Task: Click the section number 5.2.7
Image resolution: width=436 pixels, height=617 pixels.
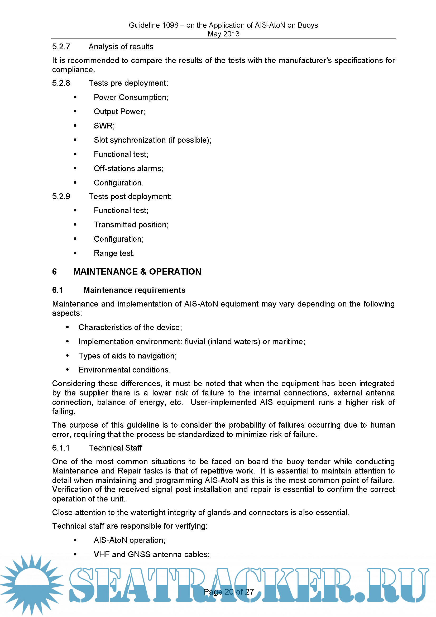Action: (61, 47)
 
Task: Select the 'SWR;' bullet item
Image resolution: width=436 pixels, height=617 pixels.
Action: (104, 126)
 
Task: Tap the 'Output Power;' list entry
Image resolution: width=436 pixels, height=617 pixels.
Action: (119, 112)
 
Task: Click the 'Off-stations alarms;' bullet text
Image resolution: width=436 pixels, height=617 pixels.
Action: (128, 169)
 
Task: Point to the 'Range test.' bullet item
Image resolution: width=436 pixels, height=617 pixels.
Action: (114, 253)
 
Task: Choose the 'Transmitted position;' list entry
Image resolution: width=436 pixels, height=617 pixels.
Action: (131, 225)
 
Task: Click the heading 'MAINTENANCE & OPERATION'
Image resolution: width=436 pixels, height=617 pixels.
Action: (137, 272)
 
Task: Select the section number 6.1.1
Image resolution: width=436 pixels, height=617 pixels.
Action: (61, 448)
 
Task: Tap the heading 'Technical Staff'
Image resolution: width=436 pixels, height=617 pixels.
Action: (115, 448)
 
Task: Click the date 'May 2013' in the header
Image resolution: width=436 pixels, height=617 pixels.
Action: (223, 34)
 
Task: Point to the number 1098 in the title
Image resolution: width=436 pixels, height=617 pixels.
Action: (170, 25)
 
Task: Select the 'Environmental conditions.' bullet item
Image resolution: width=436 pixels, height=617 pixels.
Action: (125, 370)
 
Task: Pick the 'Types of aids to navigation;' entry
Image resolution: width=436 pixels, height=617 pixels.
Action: (128, 356)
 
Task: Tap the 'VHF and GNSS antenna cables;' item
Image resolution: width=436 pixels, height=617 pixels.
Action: (151, 554)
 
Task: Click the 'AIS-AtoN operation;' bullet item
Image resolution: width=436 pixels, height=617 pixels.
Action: (130, 540)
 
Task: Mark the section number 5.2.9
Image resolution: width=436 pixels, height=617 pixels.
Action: (61, 197)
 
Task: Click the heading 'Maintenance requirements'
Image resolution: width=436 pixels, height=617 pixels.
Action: (134, 290)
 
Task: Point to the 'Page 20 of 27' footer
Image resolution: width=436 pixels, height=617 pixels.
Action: (229, 592)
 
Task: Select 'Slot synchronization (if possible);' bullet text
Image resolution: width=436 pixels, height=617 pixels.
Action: (152, 140)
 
